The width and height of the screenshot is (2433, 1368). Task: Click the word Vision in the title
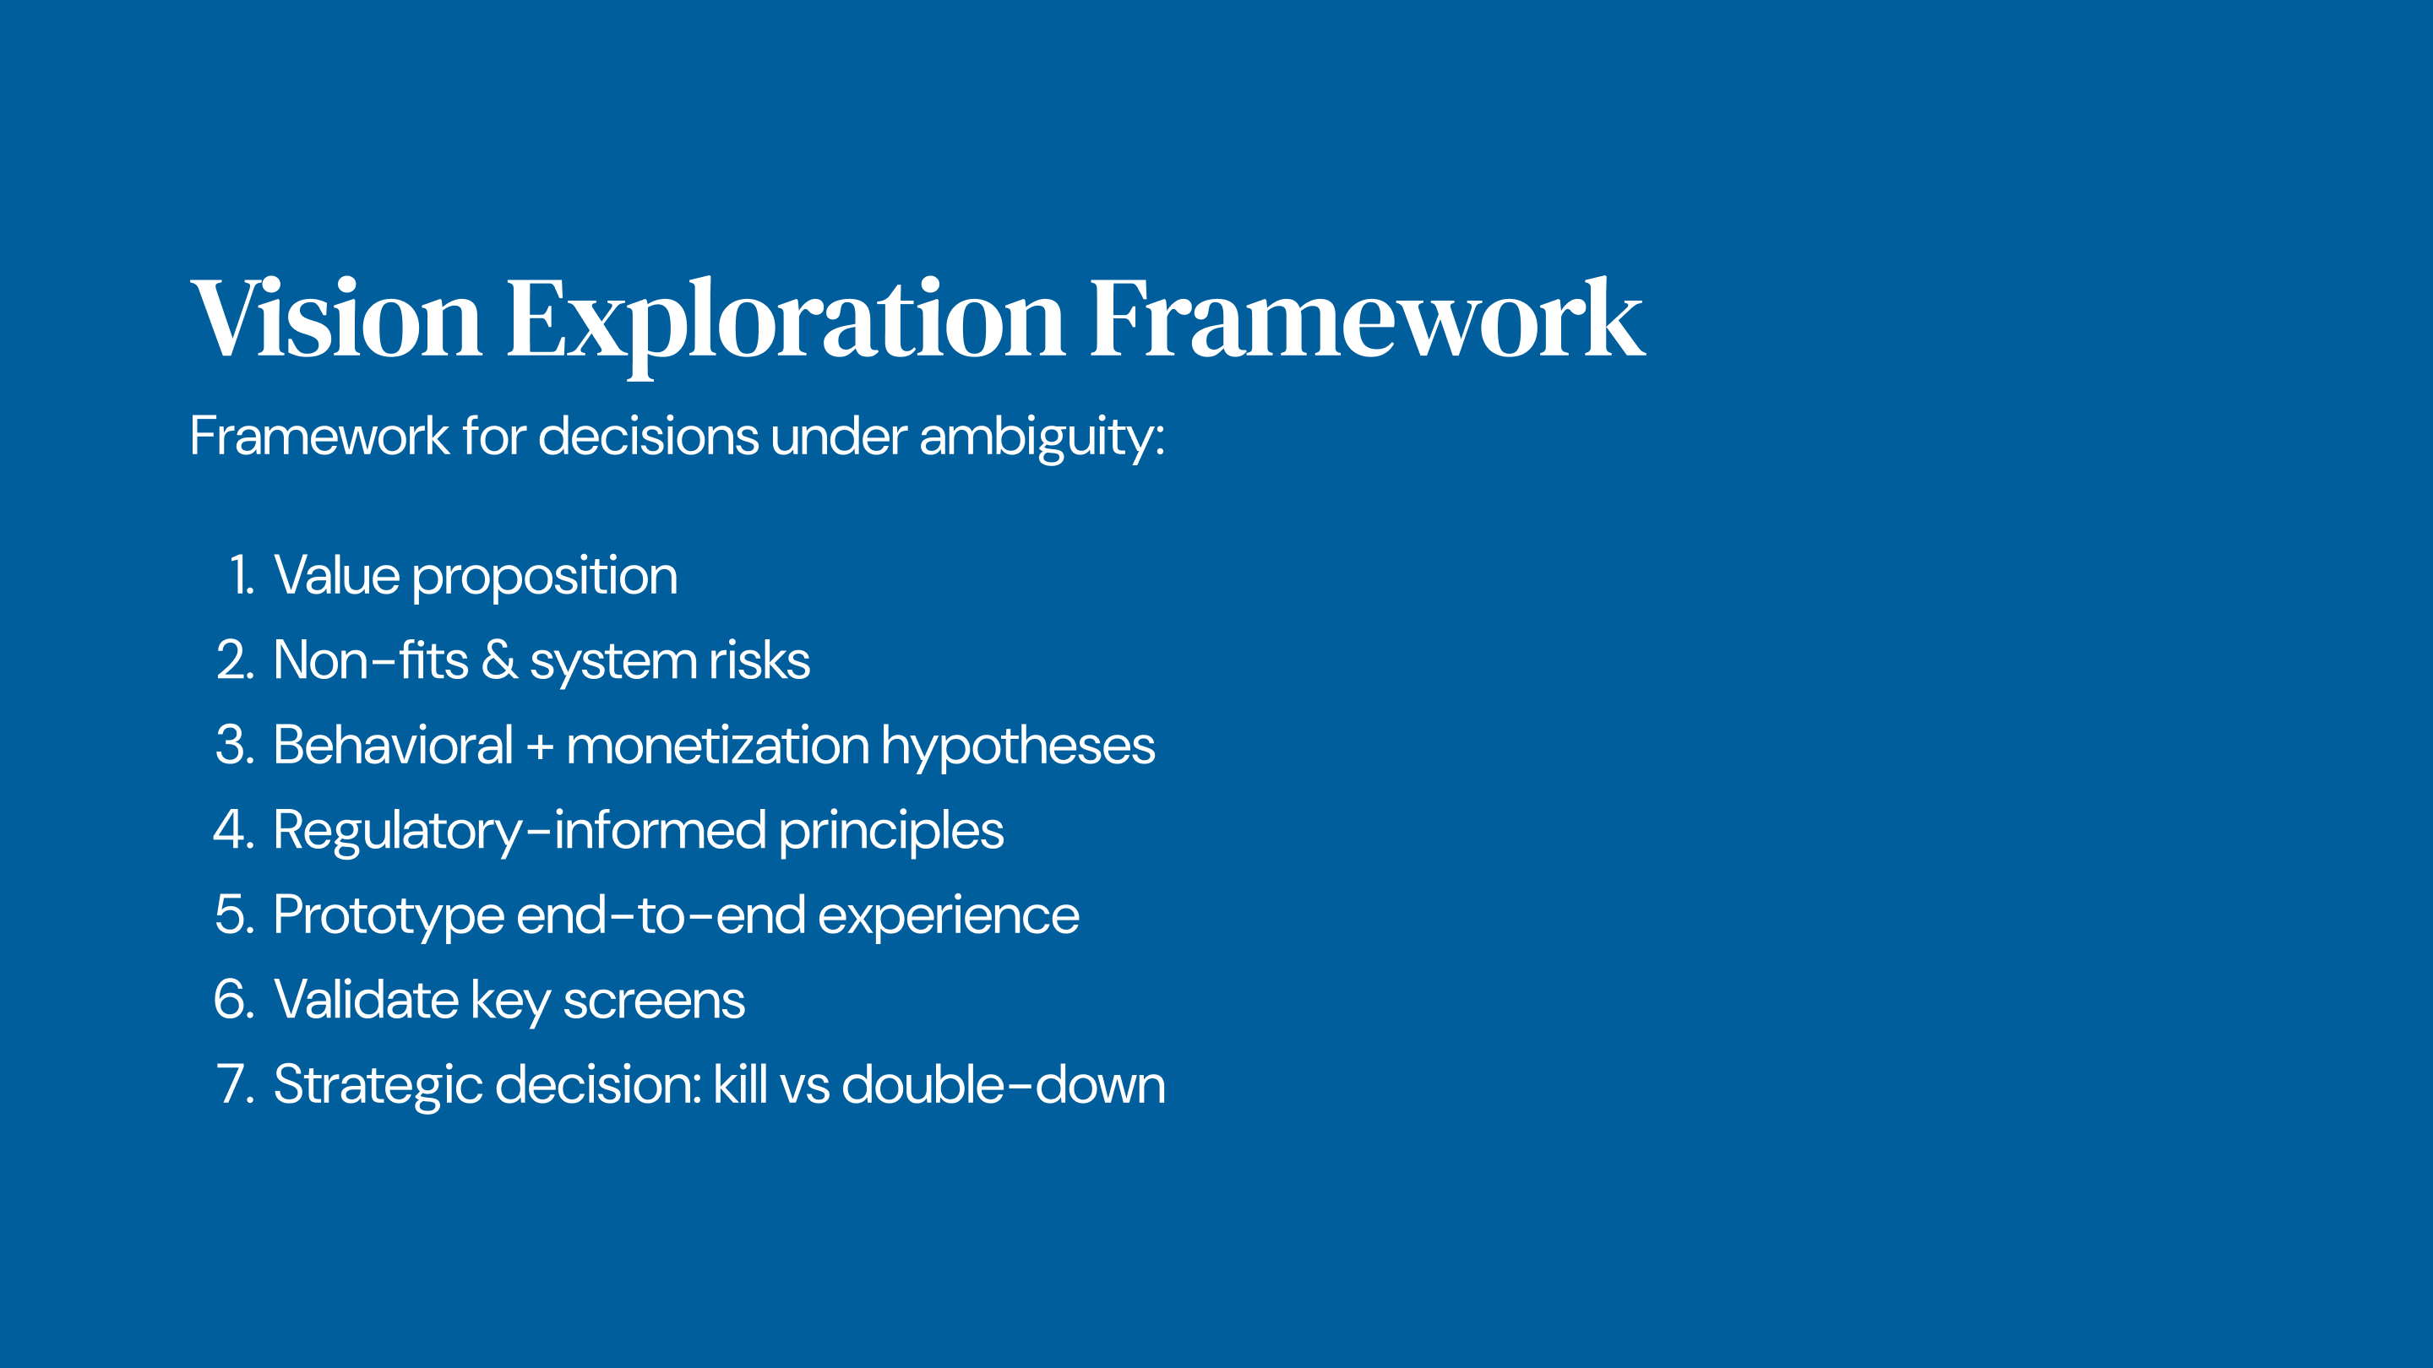pos(336,318)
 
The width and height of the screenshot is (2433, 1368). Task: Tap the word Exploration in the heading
pos(786,326)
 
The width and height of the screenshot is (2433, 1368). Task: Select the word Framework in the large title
pos(1368,318)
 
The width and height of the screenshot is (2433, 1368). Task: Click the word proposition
pos(545,577)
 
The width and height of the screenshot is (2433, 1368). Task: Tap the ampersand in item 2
pos(498,659)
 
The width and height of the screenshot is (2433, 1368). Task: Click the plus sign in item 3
pos(539,746)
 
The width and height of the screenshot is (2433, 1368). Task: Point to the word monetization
pos(717,745)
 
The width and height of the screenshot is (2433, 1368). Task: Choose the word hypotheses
pos(1018,746)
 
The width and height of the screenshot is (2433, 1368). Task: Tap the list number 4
pos(233,830)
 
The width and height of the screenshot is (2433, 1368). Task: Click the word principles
pos(890,832)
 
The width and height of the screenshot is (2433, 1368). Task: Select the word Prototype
pos(389,917)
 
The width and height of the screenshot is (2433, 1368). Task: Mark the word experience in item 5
pos(948,917)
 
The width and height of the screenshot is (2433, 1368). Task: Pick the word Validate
pos(367,999)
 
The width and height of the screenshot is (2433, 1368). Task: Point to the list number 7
pos(235,1085)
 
